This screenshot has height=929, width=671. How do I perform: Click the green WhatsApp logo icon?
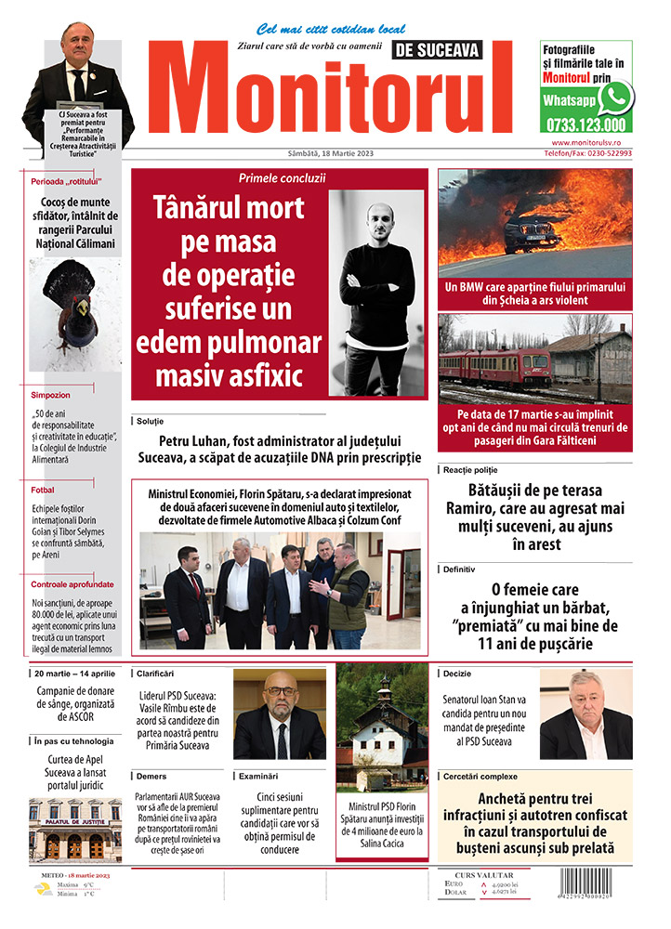point(615,97)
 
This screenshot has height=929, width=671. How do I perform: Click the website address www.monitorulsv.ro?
point(591,143)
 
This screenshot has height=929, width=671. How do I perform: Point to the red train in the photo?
point(493,367)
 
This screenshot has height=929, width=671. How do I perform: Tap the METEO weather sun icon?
point(43,889)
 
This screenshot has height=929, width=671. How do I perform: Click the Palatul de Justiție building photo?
point(75,830)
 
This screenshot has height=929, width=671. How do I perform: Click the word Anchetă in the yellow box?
point(506,798)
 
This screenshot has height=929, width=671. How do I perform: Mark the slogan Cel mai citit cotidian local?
point(318,29)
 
